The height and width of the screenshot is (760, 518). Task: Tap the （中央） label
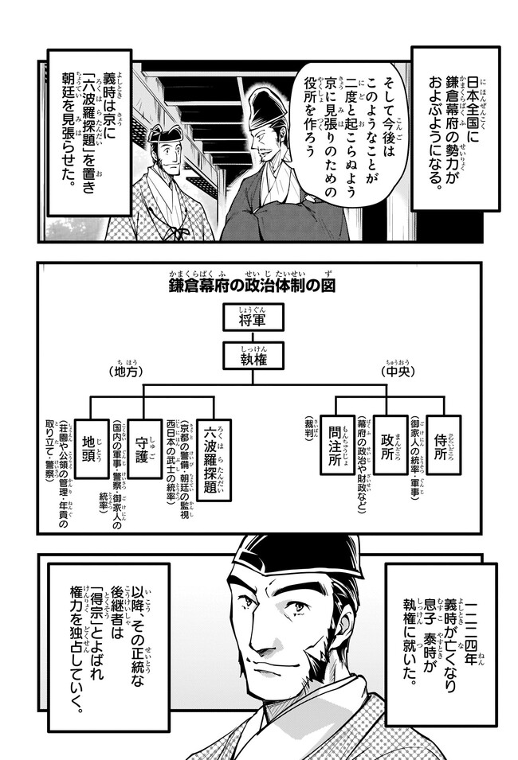pos(394,372)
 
